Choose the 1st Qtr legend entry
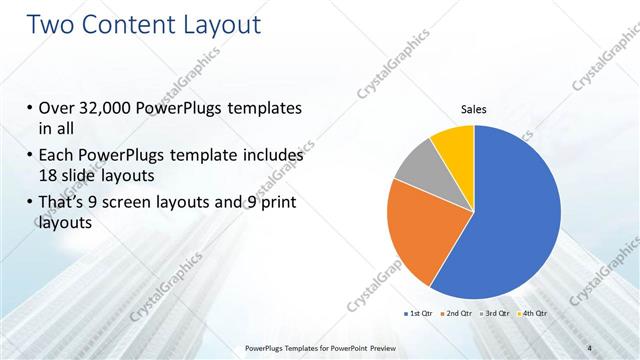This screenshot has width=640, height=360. [419, 314]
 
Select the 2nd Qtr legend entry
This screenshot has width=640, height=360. [457, 314]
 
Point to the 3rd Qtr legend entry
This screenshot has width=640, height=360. [495, 314]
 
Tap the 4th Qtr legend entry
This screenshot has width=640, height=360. [533, 314]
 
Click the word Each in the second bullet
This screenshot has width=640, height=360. [58, 155]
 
